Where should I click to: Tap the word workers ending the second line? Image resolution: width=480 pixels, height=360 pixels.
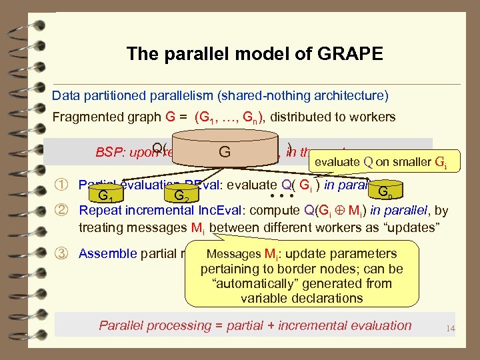pos(374,117)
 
